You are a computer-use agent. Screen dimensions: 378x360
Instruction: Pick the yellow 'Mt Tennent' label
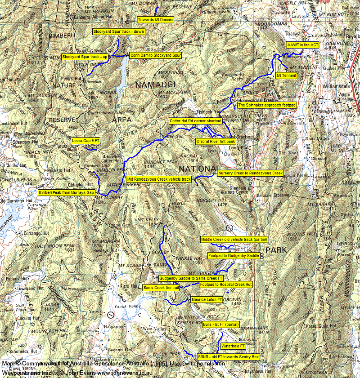pyautogui.click(x=286, y=75)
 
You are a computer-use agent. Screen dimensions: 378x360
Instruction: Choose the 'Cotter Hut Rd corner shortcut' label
pyautogui.click(x=194, y=121)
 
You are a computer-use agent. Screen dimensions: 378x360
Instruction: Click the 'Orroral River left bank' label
pyautogui.click(x=216, y=141)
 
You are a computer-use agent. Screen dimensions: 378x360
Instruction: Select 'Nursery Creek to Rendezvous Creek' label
pyautogui.click(x=250, y=173)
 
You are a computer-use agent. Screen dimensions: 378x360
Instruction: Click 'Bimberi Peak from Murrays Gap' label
pyautogui.click(x=67, y=192)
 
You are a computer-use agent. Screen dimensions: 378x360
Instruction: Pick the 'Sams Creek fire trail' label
pyautogui.click(x=161, y=287)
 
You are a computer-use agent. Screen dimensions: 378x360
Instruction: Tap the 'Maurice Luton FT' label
pyautogui.click(x=207, y=299)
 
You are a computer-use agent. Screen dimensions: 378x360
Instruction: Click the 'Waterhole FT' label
pyautogui.click(x=233, y=346)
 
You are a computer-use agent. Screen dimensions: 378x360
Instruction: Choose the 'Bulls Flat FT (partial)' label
pyautogui.click(x=220, y=324)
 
